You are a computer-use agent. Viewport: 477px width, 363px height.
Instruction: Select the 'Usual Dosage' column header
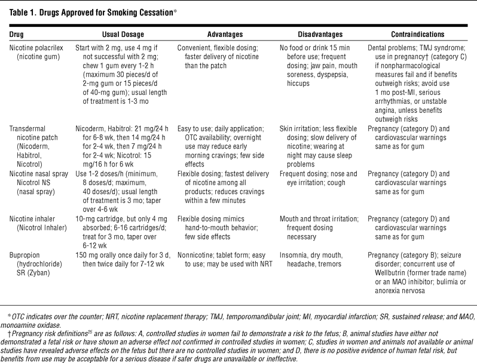(x=117, y=35)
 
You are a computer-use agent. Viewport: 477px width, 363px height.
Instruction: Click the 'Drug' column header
(x=17, y=35)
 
